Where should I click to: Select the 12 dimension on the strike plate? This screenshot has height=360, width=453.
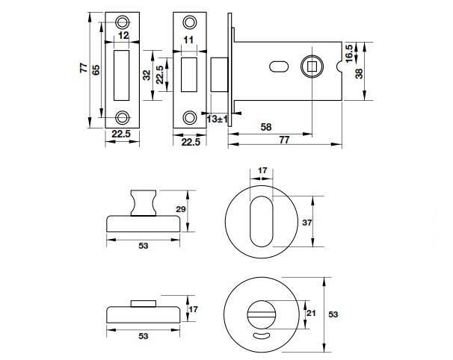123,35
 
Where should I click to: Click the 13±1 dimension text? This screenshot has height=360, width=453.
218,119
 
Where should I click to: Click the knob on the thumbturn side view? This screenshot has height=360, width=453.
142,202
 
